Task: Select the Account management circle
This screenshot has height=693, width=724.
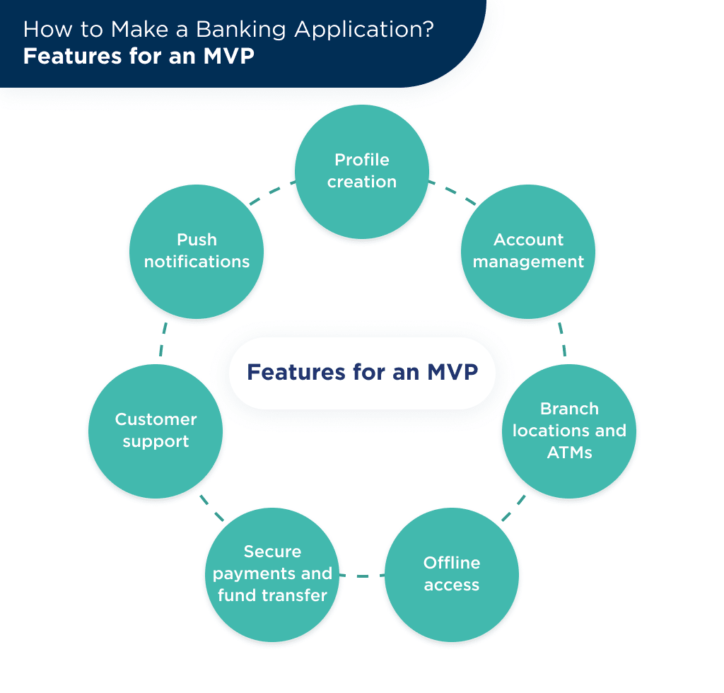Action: click(528, 251)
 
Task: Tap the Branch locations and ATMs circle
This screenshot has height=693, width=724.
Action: click(569, 431)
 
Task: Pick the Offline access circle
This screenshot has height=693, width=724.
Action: click(452, 574)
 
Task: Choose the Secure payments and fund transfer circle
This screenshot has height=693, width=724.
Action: click(272, 573)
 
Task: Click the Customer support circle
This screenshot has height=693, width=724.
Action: click(156, 431)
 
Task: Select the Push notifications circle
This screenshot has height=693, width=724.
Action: click(197, 251)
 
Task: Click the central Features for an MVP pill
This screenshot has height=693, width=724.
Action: click(362, 373)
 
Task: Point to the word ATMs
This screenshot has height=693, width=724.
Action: click(569, 453)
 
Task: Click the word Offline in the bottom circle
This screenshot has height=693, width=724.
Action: click(452, 563)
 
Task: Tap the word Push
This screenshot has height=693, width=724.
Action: click(197, 240)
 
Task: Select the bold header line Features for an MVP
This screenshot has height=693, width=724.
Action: click(139, 57)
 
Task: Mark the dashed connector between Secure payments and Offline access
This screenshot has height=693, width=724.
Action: click(362, 576)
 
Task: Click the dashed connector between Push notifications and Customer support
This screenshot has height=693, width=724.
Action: click(163, 339)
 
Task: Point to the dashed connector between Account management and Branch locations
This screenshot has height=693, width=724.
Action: click(561, 339)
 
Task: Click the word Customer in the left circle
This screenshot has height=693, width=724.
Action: click(156, 419)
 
